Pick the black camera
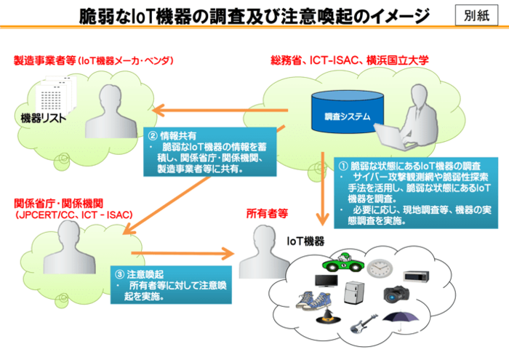pos(396,294)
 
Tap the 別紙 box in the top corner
pos(476,15)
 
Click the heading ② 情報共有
pos(172,135)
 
